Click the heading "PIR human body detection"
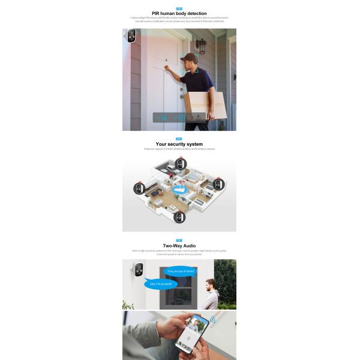point(179,13)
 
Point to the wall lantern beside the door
point(202,46)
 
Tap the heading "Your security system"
point(179,144)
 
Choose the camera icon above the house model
point(181,163)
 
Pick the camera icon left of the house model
point(139,188)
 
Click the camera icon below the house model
point(179,217)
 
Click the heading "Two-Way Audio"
point(179,245)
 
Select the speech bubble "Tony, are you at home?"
point(180,271)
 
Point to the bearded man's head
point(210,283)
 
